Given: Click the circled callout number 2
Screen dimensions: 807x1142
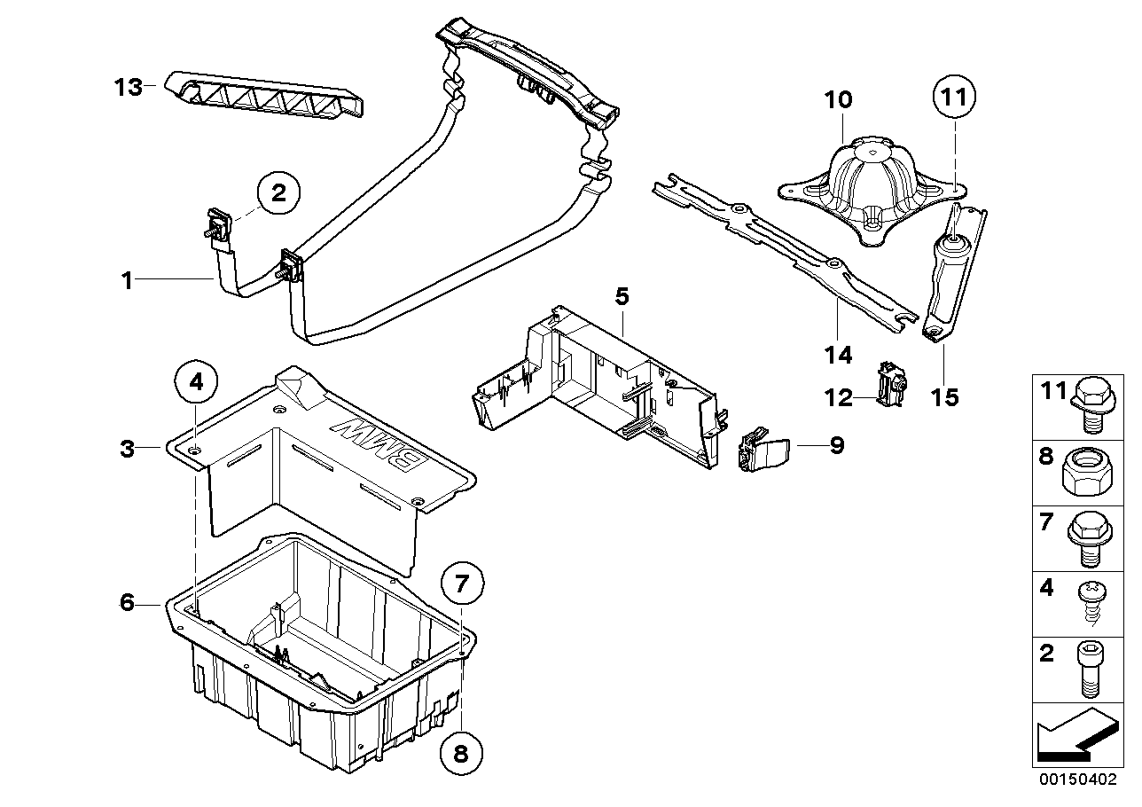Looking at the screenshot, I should point(278,194).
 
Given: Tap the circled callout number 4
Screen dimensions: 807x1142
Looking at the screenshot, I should point(197,383).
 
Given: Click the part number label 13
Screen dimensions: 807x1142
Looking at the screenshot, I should point(128,88).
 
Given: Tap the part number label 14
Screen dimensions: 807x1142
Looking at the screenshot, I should point(837,355).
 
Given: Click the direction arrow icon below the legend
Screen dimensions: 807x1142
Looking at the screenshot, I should point(1073,738).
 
